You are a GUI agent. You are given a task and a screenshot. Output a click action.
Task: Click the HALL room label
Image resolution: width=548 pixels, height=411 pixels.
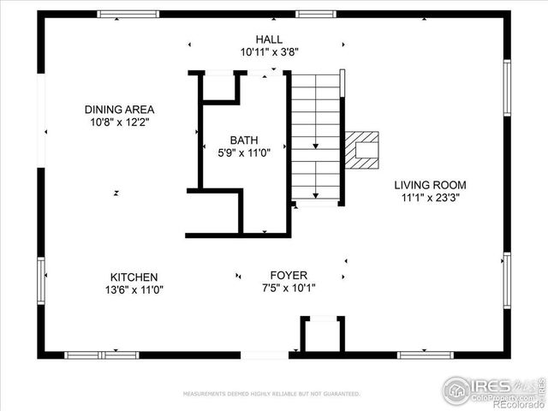(x=268, y=39)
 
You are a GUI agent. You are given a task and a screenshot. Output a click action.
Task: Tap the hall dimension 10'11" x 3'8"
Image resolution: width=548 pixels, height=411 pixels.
(x=268, y=52)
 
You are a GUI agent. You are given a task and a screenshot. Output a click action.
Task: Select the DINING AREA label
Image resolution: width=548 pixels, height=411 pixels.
(x=119, y=110)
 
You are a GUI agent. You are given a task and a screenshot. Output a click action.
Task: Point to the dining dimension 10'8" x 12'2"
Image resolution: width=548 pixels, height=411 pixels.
(x=119, y=122)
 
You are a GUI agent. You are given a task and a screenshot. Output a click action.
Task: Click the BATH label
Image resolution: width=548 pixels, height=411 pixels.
(x=242, y=140)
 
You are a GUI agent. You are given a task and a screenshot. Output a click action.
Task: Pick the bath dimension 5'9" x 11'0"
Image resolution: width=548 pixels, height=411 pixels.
(x=242, y=152)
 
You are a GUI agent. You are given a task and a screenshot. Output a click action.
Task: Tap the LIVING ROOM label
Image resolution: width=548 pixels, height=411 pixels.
(x=430, y=185)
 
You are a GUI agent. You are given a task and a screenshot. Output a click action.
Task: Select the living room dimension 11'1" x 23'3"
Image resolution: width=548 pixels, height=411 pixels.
(x=430, y=198)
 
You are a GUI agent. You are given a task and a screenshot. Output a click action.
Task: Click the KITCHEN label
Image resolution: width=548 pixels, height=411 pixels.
(x=134, y=277)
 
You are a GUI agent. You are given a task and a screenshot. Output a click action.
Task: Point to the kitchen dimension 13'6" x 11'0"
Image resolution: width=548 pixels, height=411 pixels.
(x=134, y=290)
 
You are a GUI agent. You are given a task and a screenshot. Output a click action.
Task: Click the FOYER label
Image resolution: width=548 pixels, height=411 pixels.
(x=289, y=276)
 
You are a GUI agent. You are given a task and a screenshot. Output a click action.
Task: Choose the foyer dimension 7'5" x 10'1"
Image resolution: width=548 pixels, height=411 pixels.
(x=289, y=289)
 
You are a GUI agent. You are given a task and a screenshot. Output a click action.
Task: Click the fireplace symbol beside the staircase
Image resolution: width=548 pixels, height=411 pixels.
(x=363, y=149)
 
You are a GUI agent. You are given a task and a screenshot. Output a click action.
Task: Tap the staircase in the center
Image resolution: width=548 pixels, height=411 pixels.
(x=316, y=137)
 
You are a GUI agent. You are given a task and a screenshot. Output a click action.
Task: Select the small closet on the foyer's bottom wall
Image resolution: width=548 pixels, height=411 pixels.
(x=322, y=335)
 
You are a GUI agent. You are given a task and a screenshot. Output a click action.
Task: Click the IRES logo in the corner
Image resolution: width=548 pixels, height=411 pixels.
(x=492, y=390)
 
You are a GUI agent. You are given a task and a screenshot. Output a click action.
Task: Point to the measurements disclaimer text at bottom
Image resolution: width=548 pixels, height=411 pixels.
(x=271, y=394)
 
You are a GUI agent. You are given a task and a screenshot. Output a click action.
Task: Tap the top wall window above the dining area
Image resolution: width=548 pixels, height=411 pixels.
(x=128, y=14)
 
